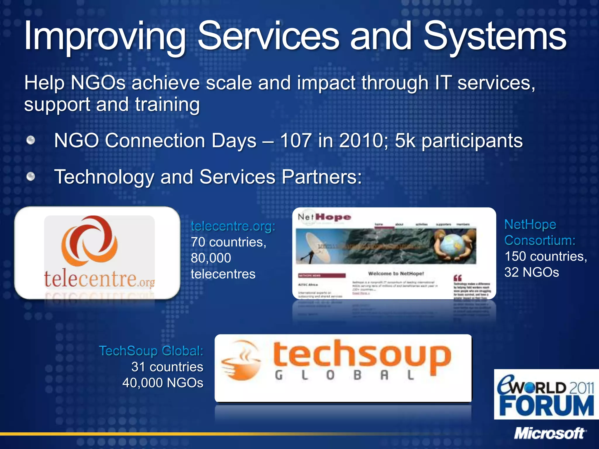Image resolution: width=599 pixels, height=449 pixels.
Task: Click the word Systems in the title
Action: click(x=495, y=37)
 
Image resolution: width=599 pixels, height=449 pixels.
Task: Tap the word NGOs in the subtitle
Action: click(x=98, y=83)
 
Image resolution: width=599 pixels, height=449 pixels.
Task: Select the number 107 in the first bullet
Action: click(x=295, y=141)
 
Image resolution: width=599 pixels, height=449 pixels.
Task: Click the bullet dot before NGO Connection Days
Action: click(x=31, y=140)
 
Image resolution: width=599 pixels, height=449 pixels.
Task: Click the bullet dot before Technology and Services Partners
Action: click(x=31, y=177)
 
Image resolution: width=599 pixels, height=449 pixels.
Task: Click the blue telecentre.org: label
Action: click(x=233, y=226)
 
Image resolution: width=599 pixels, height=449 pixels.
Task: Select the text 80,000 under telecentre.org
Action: click(x=211, y=258)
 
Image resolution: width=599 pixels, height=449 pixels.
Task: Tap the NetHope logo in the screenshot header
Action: click(x=324, y=217)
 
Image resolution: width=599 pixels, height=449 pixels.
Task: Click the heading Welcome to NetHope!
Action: click(x=396, y=274)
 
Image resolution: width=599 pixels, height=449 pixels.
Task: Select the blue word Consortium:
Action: click(x=540, y=240)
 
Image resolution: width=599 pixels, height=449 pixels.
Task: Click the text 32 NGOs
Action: click(x=531, y=272)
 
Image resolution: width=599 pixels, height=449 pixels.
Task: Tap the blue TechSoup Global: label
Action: click(x=151, y=351)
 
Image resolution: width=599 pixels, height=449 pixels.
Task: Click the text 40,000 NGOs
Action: click(x=163, y=383)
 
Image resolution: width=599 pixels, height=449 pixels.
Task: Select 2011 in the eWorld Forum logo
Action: click(x=581, y=388)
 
